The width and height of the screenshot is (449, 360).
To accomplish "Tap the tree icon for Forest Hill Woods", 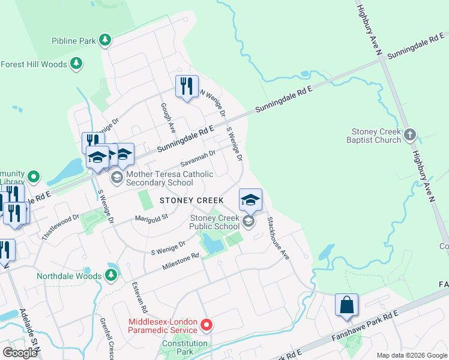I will point(76,64).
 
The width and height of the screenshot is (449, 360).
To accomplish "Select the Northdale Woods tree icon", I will point(111,275).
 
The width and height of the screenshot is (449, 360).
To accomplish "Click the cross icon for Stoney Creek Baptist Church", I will point(410,135).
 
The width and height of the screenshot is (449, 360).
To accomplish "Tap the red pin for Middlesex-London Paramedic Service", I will point(206,325).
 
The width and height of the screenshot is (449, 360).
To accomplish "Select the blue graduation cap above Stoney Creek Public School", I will point(250,200).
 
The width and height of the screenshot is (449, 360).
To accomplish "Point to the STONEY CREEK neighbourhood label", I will point(191,200).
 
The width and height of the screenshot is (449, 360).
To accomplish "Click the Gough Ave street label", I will point(167,117).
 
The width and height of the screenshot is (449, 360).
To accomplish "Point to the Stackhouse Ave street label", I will point(279,238).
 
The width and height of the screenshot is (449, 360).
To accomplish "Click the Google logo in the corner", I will point(20,353).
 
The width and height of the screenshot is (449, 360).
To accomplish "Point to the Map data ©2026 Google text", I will point(411,355).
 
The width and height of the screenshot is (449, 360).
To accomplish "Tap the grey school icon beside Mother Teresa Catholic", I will point(116,177).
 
